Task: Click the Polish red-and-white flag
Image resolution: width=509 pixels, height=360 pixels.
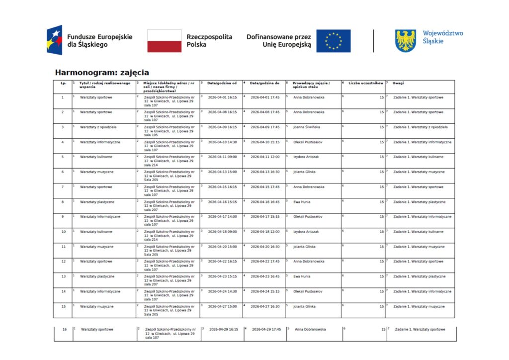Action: click(164, 41)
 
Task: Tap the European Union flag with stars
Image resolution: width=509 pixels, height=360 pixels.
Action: click(333, 41)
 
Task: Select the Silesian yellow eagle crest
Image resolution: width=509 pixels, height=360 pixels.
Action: click(405, 41)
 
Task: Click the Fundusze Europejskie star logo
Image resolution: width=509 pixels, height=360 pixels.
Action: click(55, 40)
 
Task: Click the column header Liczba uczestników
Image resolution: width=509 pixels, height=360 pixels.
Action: click(366, 83)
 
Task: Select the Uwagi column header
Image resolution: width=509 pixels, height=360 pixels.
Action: click(398, 83)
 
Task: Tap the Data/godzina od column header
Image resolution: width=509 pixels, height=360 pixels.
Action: click(222, 83)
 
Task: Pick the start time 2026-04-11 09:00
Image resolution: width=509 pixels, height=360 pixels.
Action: click(222, 157)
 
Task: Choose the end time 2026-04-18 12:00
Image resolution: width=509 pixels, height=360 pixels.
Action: click(265, 232)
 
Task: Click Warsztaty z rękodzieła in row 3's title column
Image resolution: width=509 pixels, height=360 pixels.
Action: click(98, 127)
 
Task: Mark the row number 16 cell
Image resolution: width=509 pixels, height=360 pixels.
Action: click(65, 329)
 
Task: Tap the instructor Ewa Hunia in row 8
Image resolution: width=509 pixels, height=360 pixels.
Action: click(302, 202)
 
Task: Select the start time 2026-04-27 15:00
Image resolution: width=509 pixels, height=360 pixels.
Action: click(222, 306)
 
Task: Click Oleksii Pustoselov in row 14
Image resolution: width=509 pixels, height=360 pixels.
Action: click(308, 291)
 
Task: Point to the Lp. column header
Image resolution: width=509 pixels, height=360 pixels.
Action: click(63, 83)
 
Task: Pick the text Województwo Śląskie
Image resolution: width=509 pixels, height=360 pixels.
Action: click(442, 37)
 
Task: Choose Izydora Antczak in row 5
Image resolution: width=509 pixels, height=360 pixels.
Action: click(306, 157)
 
